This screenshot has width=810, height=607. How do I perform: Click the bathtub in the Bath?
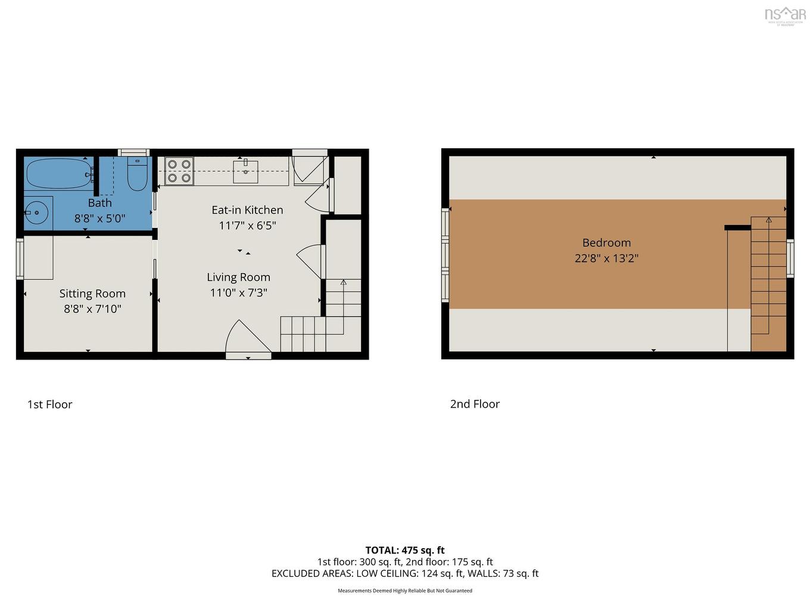click(x=58, y=173)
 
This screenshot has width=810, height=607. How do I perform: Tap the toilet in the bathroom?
click(x=137, y=174)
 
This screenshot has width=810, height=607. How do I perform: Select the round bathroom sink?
click(x=38, y=211)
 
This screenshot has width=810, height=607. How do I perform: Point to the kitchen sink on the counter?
click(x=245, y=171)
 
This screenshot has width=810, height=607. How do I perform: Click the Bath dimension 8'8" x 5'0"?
click(x=99, y=218)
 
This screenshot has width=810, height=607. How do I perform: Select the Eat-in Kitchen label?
click(x=247, y=210)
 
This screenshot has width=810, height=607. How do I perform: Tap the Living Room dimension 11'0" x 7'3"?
click(x=238, y=293)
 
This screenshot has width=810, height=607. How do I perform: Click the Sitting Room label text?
click(x=92, y=293)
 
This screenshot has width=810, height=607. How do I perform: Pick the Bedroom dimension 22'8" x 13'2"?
click(x=606, y=258)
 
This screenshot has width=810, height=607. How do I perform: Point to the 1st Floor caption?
click(x=49, y=405)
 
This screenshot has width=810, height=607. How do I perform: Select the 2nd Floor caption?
click(x=475, y=404)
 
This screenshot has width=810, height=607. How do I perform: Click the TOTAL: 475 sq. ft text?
click(x=405, y=550)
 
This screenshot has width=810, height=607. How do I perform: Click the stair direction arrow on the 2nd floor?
click(x=768, y=220)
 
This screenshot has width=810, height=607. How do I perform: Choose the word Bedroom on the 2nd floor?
click(x=606, y=243)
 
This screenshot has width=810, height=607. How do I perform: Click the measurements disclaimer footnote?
click(x=405, y=591)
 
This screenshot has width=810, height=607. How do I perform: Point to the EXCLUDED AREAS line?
click(x=405, y=574)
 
